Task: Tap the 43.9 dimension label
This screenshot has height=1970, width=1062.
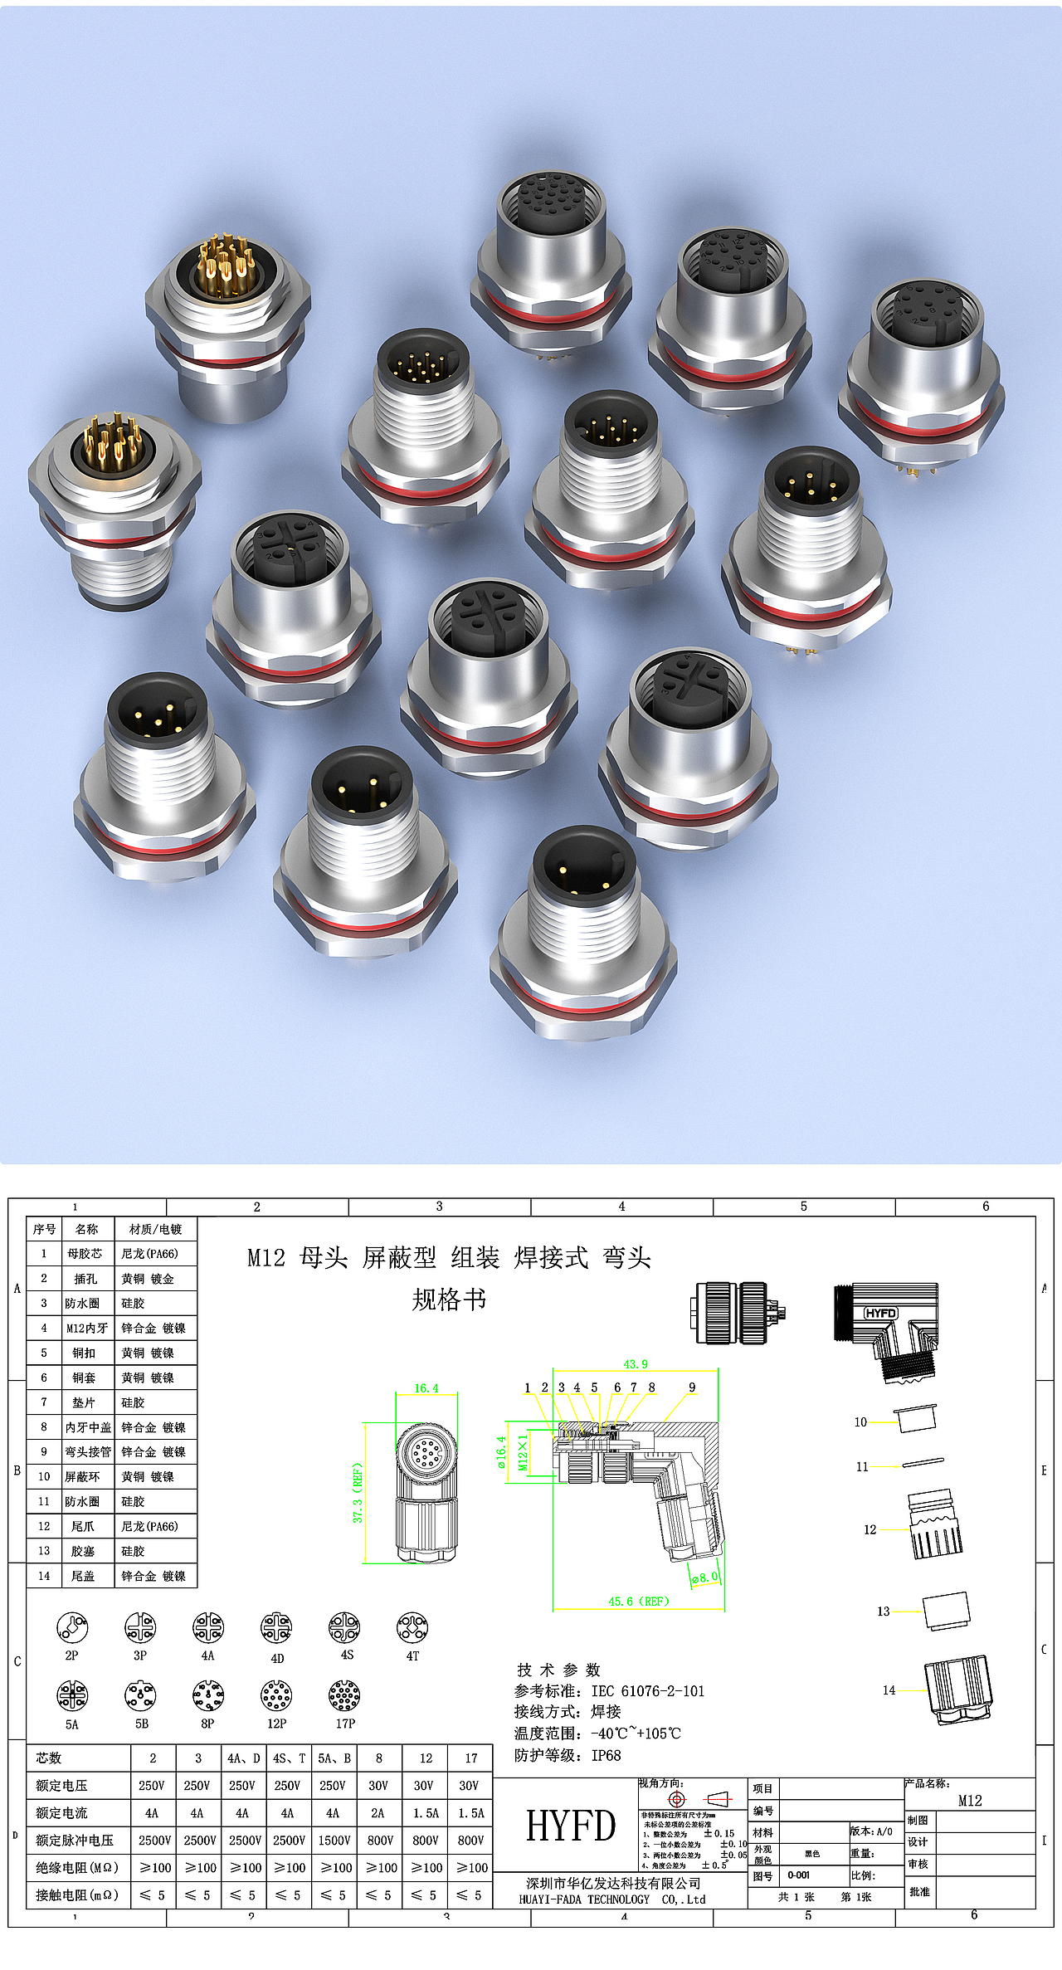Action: [636, 1364]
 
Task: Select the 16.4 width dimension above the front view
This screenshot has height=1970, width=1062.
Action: [426, 1388]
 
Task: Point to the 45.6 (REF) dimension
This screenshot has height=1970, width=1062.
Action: [638, 1602]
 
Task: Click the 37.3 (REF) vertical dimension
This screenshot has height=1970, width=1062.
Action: [358, 1492]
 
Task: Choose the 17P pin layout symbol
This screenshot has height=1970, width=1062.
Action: [344, 1696]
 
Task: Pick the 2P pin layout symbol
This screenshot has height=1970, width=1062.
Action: [72, 1628]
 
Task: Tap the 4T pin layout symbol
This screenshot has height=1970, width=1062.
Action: [412, 1628]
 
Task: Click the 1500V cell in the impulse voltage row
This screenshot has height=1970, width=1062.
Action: [334, 1841]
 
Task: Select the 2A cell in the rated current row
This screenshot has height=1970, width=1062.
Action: [378, 1813]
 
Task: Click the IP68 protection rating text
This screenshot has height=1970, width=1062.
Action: [606, 1755]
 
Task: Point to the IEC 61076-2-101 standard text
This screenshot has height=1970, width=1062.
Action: [647, 1691]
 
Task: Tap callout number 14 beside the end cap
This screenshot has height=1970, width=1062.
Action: [889, 1690]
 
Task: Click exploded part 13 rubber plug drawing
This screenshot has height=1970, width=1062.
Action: [947, 1611]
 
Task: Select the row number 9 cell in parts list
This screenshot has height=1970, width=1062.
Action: [44, 1452]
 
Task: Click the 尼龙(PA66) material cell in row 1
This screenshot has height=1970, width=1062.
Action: [150, 1254]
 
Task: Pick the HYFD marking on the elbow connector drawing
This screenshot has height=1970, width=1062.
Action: [880, 1313]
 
